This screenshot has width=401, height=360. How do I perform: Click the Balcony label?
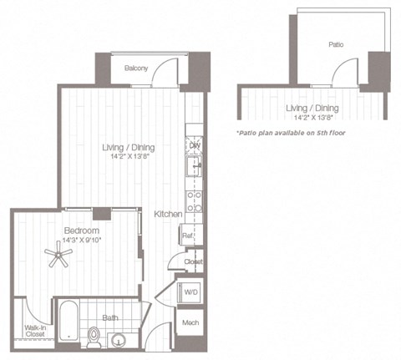pyautogui.click(x=136, y=69)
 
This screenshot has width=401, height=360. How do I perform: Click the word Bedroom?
pyautogui.click(x=82, y=231)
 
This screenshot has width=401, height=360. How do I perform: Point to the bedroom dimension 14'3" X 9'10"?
pyautogui.click(x=82, y=241)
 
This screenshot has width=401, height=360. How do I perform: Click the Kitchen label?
pyautogui.click(x=168, y=215)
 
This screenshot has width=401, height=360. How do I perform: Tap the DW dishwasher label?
pyautogui.click(x=194, y=145)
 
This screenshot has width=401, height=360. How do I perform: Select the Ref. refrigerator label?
pyautogui.click(x=189, y=236)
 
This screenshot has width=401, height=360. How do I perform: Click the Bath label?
pyautogui.click(x=110, y=317)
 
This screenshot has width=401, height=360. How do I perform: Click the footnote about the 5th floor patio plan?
pyautogui.click(x=291, y=133)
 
